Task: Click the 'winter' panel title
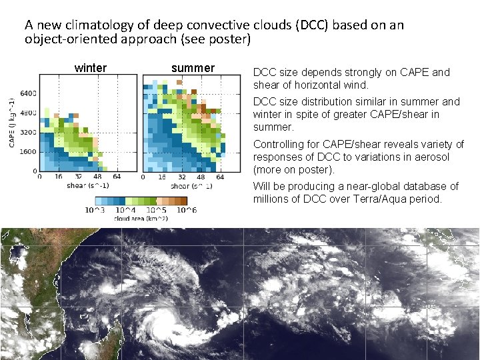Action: point(90,68)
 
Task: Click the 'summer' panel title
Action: point(193,68)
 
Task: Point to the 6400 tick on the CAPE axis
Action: point(28,93)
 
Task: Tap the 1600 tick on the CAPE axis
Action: point(28,151)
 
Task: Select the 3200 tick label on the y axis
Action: point(28,132)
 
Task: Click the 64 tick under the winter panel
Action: point(117,177)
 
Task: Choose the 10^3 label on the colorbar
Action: point(95,210)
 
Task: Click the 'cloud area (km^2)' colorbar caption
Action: point(141,218)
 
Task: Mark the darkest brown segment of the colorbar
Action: point(183,201)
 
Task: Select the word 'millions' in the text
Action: point(271,199)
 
